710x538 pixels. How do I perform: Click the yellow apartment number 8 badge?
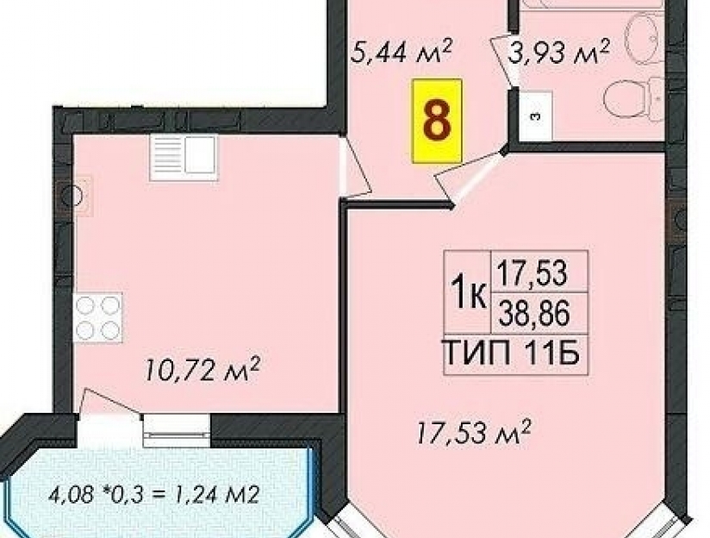click(437, 121)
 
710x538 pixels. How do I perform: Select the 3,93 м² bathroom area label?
click(558, 52)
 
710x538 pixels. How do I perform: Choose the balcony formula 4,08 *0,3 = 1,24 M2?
click(154, 495)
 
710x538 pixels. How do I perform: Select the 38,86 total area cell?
click(533, 314)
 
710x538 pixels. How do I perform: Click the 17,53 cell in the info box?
click(532, 273)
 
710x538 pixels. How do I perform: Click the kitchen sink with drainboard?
click(184, 158)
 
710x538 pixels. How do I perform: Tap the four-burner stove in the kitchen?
click(97, 316)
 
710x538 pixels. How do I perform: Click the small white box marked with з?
click(536, 116)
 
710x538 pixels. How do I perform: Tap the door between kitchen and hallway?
click(356, 168)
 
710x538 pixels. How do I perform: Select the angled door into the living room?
click(470, 178)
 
